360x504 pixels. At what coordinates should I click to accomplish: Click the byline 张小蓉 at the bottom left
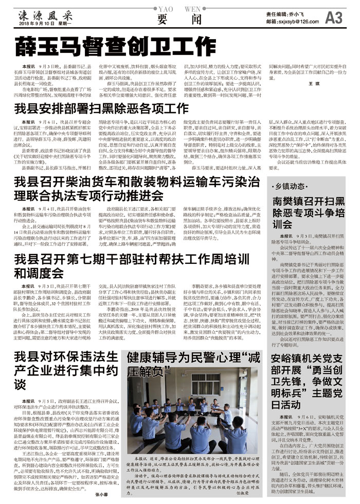click(x=103, y=495)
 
